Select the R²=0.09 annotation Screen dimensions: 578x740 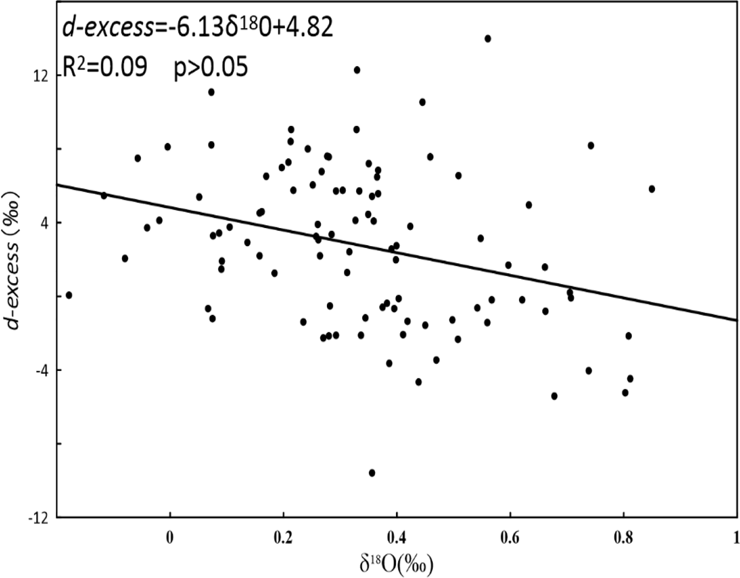(x=104, y=67)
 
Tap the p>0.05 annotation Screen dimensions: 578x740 (x=210, y=67)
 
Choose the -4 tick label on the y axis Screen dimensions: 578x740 (x=42, y=371)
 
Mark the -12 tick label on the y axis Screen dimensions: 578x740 (x=39, y=518)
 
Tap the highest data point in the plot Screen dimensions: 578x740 (x=488, y=38)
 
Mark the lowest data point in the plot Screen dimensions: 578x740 (x=372, y=473)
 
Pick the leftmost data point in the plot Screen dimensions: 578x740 (x=69, y=295)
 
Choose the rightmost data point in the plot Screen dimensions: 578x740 (x=652, y=189)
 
